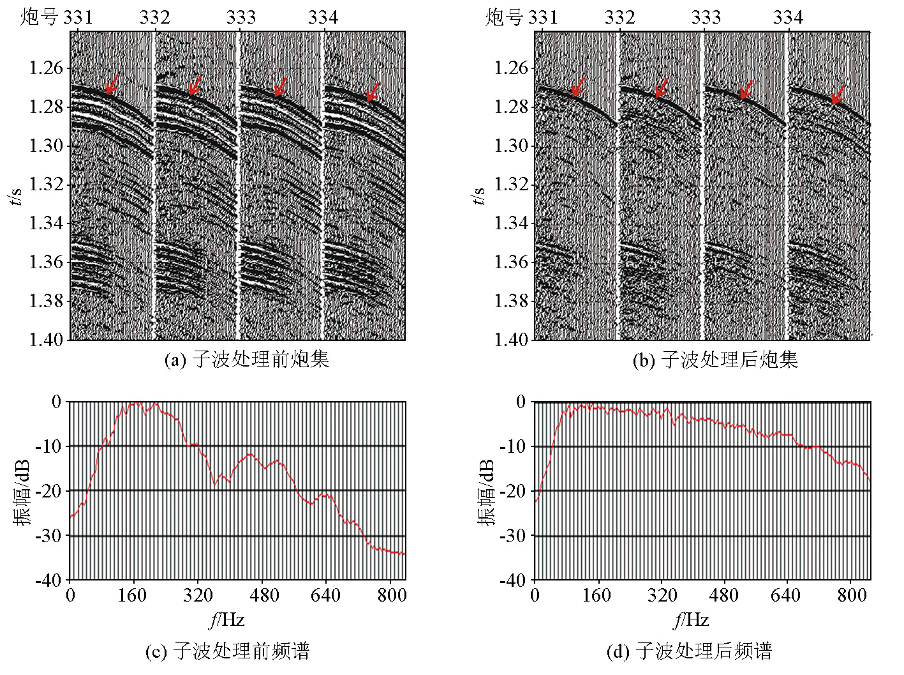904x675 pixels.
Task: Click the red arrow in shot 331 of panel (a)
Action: (112, 84)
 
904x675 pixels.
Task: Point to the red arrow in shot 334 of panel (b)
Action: (838, 94)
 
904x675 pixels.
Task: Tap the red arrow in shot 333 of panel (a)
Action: (281, 86)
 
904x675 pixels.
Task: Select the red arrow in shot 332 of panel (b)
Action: (662, 88)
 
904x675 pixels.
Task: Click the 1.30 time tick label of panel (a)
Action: (46, 146)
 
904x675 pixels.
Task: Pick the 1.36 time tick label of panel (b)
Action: (511, 262)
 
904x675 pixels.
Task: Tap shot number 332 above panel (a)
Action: (154, 17)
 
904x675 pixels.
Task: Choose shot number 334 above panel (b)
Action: (788, 17)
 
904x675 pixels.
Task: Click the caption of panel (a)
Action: (246, 360)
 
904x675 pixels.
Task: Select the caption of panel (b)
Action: (715, 360)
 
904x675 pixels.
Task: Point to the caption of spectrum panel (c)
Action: (227, 651)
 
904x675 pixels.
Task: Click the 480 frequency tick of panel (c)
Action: (264, 595)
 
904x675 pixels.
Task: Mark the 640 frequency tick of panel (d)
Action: (785, 595)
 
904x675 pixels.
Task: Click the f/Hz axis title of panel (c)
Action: (226, 619)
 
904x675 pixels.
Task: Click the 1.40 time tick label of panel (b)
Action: (511, 340)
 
